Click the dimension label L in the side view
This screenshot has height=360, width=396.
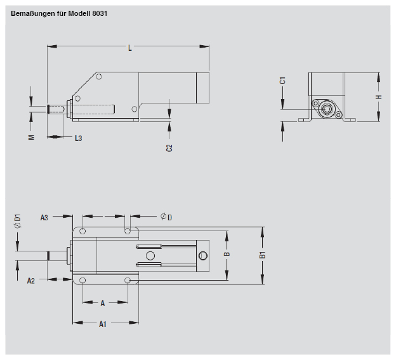[x=129, y=48]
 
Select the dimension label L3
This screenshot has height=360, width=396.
[x=78, y=138]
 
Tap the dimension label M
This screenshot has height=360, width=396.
[x=31, y=137]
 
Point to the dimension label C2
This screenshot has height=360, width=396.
[x=169, y=147]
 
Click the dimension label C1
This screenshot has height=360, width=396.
[x=283, y=80]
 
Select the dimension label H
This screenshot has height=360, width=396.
[x=378, y=97]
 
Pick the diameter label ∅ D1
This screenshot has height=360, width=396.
[x=18, y=220]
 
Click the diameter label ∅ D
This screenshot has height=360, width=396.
[x=166, y=217]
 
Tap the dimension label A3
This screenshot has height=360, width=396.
[x=44, y=217]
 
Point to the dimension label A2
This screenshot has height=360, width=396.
[x=31, y=280]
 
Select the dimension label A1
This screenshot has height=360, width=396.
[x=102, y=324]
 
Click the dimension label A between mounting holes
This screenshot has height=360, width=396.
[x=103, y=303]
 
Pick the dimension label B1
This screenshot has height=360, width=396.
[x=263, y=255]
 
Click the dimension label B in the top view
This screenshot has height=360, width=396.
[x=227, y=255]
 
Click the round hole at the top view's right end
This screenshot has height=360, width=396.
[x=203, y=256]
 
